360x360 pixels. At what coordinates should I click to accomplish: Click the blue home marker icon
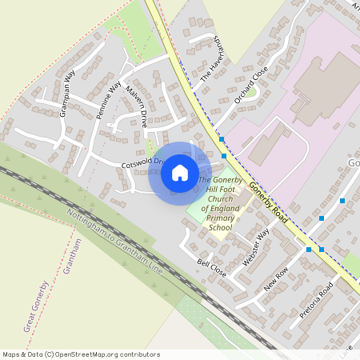pos(180,172)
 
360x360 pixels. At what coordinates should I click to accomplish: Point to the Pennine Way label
pos(109,100)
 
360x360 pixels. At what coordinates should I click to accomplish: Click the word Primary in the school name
pos(219,218)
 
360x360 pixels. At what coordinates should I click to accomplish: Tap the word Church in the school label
pos(219,199)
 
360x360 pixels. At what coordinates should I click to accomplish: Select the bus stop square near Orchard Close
pos(222,139)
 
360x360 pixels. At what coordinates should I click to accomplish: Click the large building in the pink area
pos(328,88)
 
